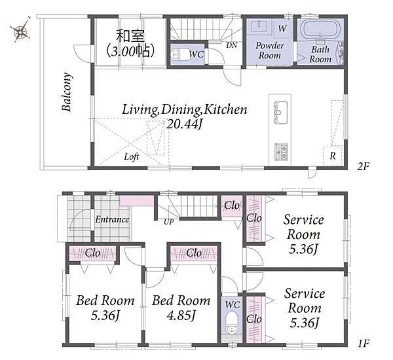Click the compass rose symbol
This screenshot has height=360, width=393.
point(20,30)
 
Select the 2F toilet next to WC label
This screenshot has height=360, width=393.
point(178,54)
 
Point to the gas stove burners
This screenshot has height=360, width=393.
point(282,152)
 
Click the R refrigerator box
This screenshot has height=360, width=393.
point(333,156)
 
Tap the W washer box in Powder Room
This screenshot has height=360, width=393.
point(283,28)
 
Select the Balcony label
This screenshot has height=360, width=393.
point(67,92)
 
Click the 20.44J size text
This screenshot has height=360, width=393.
point(184,124)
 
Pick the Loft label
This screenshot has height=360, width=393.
point(132,157)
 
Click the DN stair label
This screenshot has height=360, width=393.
point(232,45)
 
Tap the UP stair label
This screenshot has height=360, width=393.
point(169,222)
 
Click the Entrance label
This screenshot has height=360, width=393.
point(112,220)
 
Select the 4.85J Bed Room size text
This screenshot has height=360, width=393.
point(181,315)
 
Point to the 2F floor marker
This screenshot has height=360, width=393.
point(364,166)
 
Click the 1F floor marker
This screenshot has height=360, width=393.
point(364,343)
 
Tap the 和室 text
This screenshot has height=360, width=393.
point(130,36)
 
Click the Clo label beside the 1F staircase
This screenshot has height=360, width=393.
point(232,206)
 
